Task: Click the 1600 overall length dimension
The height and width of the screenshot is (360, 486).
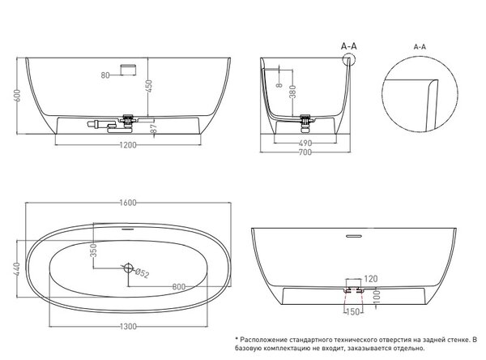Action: point(128,203)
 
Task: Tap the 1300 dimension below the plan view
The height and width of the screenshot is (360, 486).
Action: point(128,327)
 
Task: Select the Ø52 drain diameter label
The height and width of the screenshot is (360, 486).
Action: point(143,273)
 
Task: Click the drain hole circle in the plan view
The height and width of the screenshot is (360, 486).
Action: point(128,268)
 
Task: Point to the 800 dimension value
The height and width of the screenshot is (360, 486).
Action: point(179,287)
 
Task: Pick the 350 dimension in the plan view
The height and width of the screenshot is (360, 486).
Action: point(94,251)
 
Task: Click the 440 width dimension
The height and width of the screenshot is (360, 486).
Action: point(17,268)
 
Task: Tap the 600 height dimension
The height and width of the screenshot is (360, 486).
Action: point(17,96)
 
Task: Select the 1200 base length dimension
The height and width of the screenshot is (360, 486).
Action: point(128,145)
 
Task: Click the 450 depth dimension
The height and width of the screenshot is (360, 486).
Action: point(149,87)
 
